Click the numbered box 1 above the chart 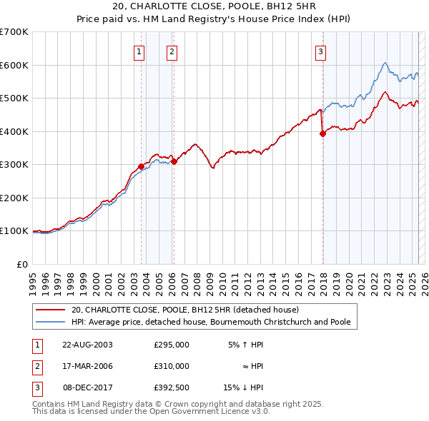pyautogui.click(x=138, y=51)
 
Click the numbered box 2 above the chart pyautogui.click(x=173, y=51)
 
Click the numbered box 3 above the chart pyautogui.click(x=321, y=51)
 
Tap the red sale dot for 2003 pyautogui.click(x=141, y=166)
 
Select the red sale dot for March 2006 pyautogui.click(x=174, y=161)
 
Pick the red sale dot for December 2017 pyautogui.click(x=322, y=133)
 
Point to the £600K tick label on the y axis pyautogui.click(x=14, y=65)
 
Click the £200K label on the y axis pyautogui.click(x=14, y=198)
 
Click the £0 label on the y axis pyautogui.click(x=21, y=264)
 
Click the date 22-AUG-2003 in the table pyautogui.click(x=88, y=345)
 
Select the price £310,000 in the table pyautogui.click(x=172, y=366)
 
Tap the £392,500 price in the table pyautogui.click(x=172, y=387)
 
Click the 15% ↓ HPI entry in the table pyautogui.click(x=243, y=387)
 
